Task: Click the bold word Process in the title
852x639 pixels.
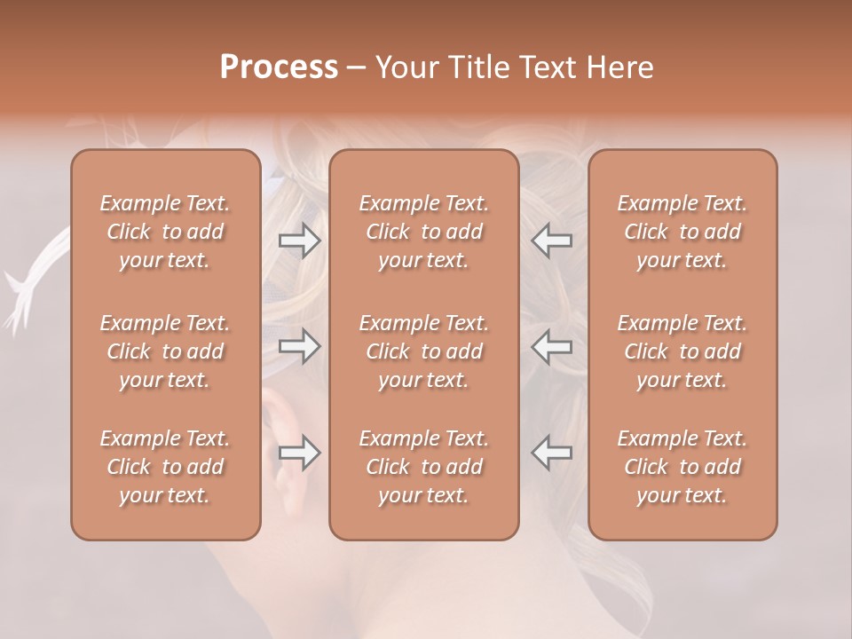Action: tap(279, 67)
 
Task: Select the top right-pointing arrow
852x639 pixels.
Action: tap(299, 239)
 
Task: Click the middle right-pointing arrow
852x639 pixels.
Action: tap(299, 346)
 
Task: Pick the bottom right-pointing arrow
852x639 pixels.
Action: tap(299, 454)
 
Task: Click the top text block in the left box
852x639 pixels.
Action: tap(165, 232)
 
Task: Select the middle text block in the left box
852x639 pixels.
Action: tap(165, 351)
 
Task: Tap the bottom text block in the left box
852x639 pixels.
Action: tap(165, 467)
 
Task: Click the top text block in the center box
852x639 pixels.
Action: tap(424, 232)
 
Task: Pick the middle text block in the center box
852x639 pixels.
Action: tap(424, 351)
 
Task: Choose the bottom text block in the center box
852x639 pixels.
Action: tap(424, 467)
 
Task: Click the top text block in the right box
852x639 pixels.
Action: tap(682, 232)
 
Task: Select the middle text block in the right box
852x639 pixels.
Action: tap(682, 351)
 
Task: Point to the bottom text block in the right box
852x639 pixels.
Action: tap(682, 467)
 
